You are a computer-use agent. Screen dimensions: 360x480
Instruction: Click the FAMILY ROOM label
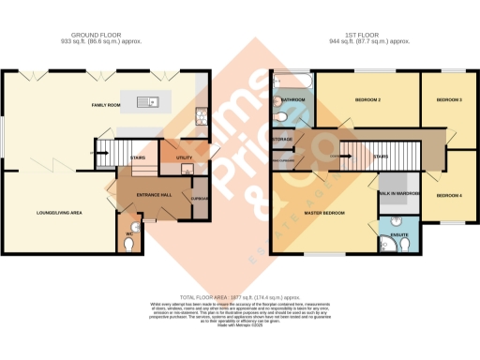[106, 106]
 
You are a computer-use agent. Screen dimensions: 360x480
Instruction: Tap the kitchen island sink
[151, 102]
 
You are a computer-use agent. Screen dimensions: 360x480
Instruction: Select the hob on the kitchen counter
[201, 116]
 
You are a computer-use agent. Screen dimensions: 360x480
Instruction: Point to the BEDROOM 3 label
[450, 99]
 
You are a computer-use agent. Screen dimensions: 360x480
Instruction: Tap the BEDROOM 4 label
[450, 194]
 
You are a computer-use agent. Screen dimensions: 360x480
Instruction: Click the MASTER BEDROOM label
[325, 214]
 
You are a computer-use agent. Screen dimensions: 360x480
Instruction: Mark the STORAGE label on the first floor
[282, 140]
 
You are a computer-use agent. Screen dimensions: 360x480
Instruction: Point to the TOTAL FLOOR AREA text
[238, 296]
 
